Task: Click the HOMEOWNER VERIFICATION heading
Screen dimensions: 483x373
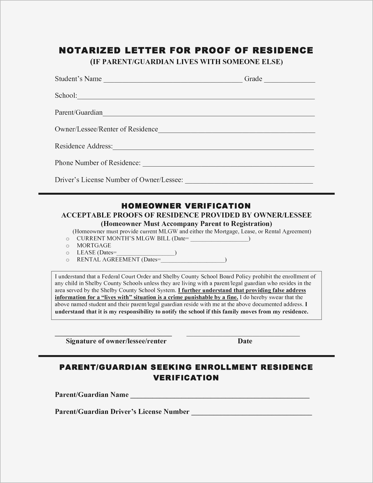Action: (186, 206)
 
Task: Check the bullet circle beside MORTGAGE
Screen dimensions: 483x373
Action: (68, 246)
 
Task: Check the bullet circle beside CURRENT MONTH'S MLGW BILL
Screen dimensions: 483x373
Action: (68, 239)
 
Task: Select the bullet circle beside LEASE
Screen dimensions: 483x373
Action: (68, 253)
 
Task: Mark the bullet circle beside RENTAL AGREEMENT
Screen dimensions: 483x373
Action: (68, 260)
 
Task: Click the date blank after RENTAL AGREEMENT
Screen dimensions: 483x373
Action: (193, 260)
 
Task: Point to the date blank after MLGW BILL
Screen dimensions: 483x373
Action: (219, 239)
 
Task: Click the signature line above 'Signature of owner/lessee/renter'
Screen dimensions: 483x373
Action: (113, 334)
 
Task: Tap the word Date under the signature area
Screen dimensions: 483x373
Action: (245, 341)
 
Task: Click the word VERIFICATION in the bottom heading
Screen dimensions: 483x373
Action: (186, 378)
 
